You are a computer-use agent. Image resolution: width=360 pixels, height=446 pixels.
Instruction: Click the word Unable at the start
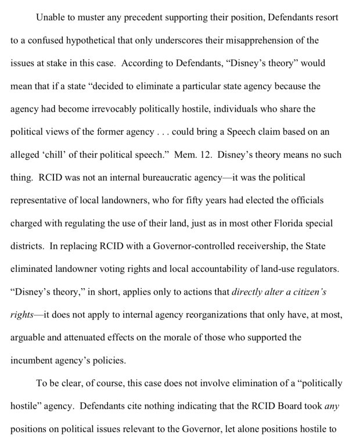pyautogui.click(x=51, y=18)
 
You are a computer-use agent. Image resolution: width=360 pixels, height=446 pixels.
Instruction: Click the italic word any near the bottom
pyautogui.click(x=332, y=405)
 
